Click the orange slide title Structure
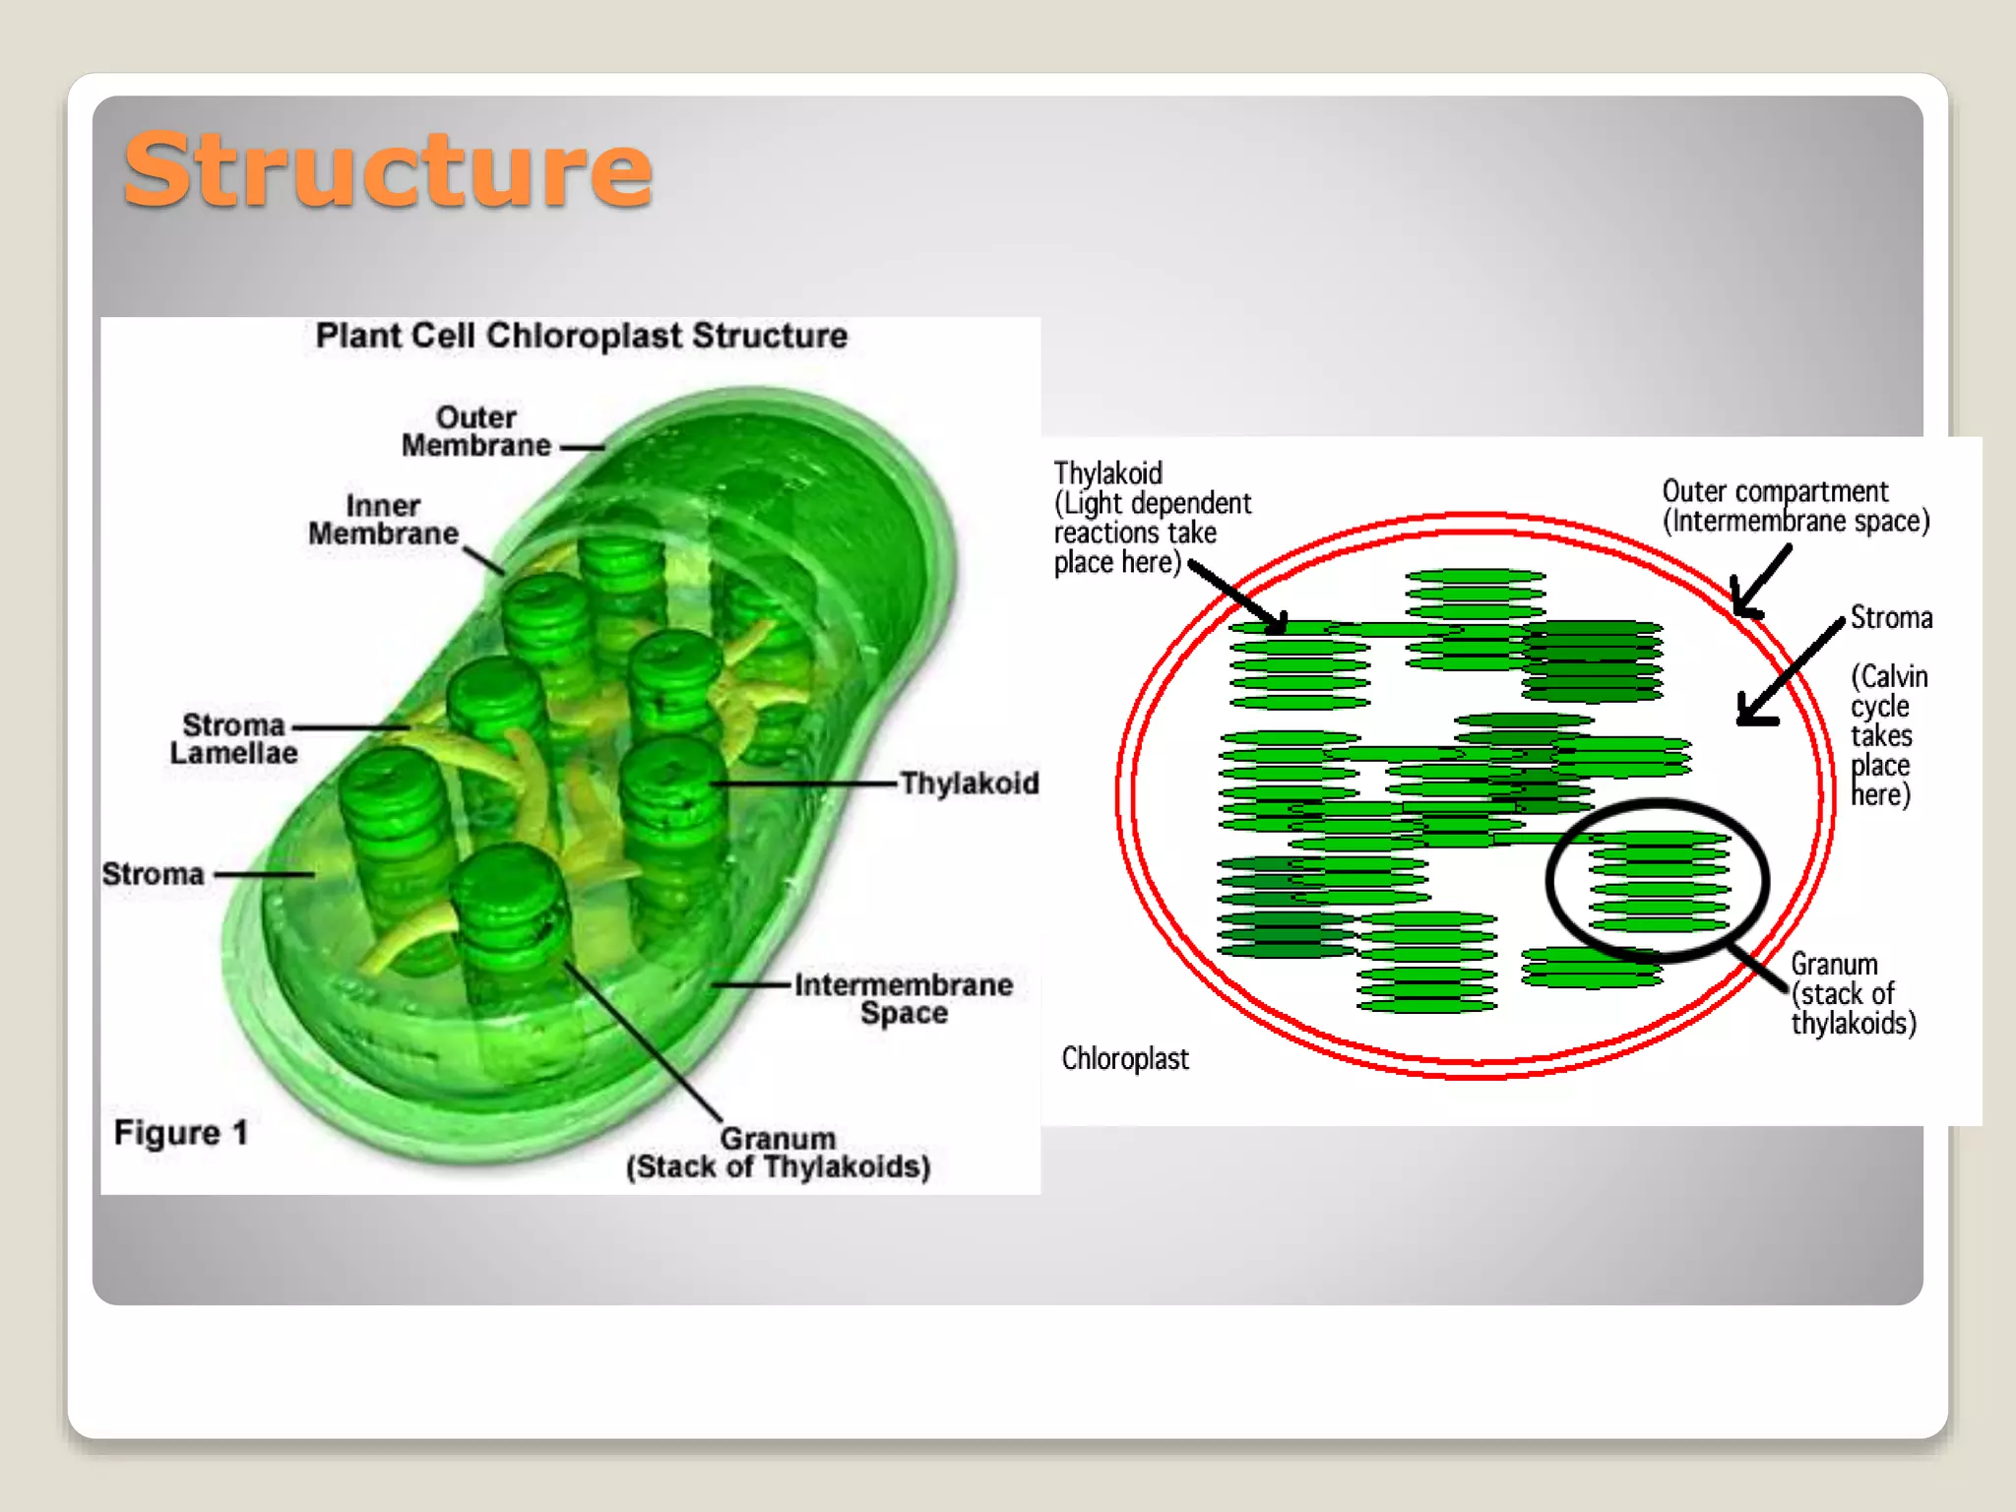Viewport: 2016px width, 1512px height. point(388,169)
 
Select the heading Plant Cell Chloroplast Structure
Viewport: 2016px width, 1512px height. point(581,336)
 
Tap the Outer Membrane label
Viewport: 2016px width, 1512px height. point(476,431)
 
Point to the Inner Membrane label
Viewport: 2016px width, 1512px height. point(383,520)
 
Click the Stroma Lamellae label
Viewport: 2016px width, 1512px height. point(233,738)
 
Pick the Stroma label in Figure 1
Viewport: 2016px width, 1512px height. point(154,873)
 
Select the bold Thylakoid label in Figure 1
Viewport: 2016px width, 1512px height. point(970,784)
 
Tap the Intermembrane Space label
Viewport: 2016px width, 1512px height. point(904,998)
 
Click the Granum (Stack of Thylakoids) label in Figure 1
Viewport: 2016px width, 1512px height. point(778,1153)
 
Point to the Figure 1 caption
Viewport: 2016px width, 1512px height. point(181,1133)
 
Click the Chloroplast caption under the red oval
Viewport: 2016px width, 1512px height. point(1125,1058)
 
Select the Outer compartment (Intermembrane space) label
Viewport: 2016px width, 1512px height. point(1795,506)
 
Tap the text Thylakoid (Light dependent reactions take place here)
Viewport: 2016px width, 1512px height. point(1152,518)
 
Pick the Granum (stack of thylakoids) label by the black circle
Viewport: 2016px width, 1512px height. point(1853,993)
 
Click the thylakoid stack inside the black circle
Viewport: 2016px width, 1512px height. point(1659,881)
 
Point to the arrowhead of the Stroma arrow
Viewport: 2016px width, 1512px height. point(1745,717)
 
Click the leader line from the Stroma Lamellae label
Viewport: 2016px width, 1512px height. point(350,727)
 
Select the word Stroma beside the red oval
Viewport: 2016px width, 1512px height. point(1891,618)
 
